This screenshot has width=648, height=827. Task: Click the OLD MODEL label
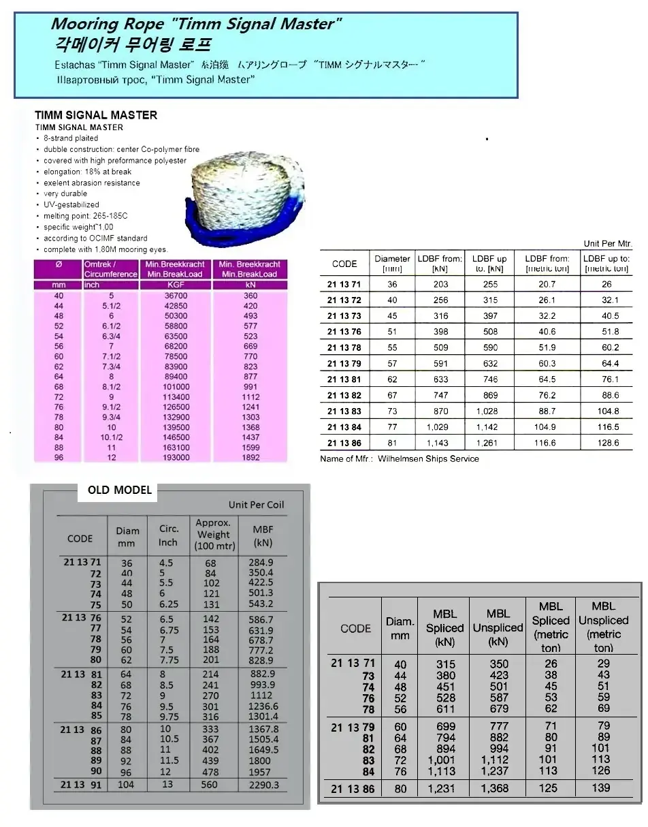pos(120,490)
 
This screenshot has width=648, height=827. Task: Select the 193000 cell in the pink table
pos(176,458)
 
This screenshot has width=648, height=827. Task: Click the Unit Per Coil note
pos(256,505)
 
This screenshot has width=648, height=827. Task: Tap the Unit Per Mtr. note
pos(608,243)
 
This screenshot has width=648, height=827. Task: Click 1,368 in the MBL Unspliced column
pos(498,787)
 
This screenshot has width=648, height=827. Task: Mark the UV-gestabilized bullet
pos(71,204)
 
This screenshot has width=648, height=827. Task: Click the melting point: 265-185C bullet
pos(85,215)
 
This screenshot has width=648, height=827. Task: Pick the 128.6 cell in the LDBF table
pos(606,443)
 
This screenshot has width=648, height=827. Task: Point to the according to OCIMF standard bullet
pos(95,238)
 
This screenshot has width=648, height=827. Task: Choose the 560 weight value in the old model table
pos(210,785)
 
